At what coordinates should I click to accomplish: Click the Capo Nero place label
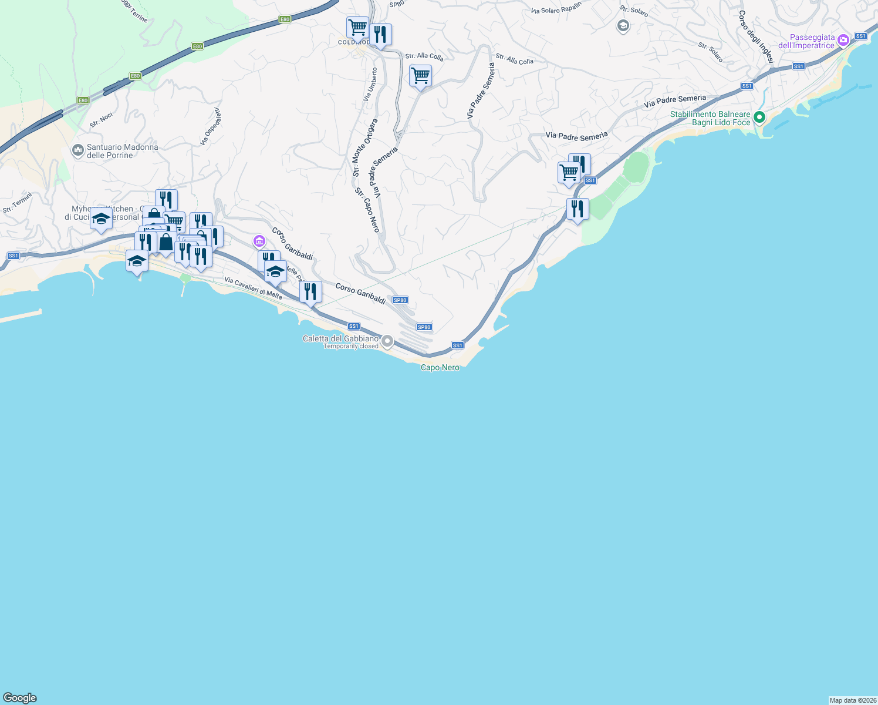[440, 368]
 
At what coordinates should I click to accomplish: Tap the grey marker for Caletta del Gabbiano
[387, 341]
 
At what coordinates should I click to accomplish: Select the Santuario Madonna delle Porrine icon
[78, 151]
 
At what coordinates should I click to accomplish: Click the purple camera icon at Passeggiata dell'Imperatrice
[843, 41]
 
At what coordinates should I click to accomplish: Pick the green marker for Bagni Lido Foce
[759, 117]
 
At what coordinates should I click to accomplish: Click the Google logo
[20, 698]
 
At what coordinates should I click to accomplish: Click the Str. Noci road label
[101, 120]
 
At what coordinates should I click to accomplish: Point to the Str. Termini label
[17, 203]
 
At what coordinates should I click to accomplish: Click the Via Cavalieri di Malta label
[253, 288]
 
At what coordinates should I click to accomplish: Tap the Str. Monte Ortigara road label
[364, 147]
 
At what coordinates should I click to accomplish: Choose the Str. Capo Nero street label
[368, 210]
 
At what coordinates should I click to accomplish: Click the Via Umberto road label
[370, 85]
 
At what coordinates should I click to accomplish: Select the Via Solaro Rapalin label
[556, 8]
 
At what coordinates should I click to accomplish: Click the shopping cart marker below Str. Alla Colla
[420, 76]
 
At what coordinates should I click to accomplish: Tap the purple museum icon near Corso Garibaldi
[259, 241]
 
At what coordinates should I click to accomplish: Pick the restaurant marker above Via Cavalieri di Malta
[310, 291]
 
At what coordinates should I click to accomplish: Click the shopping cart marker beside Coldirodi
[357, 27]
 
